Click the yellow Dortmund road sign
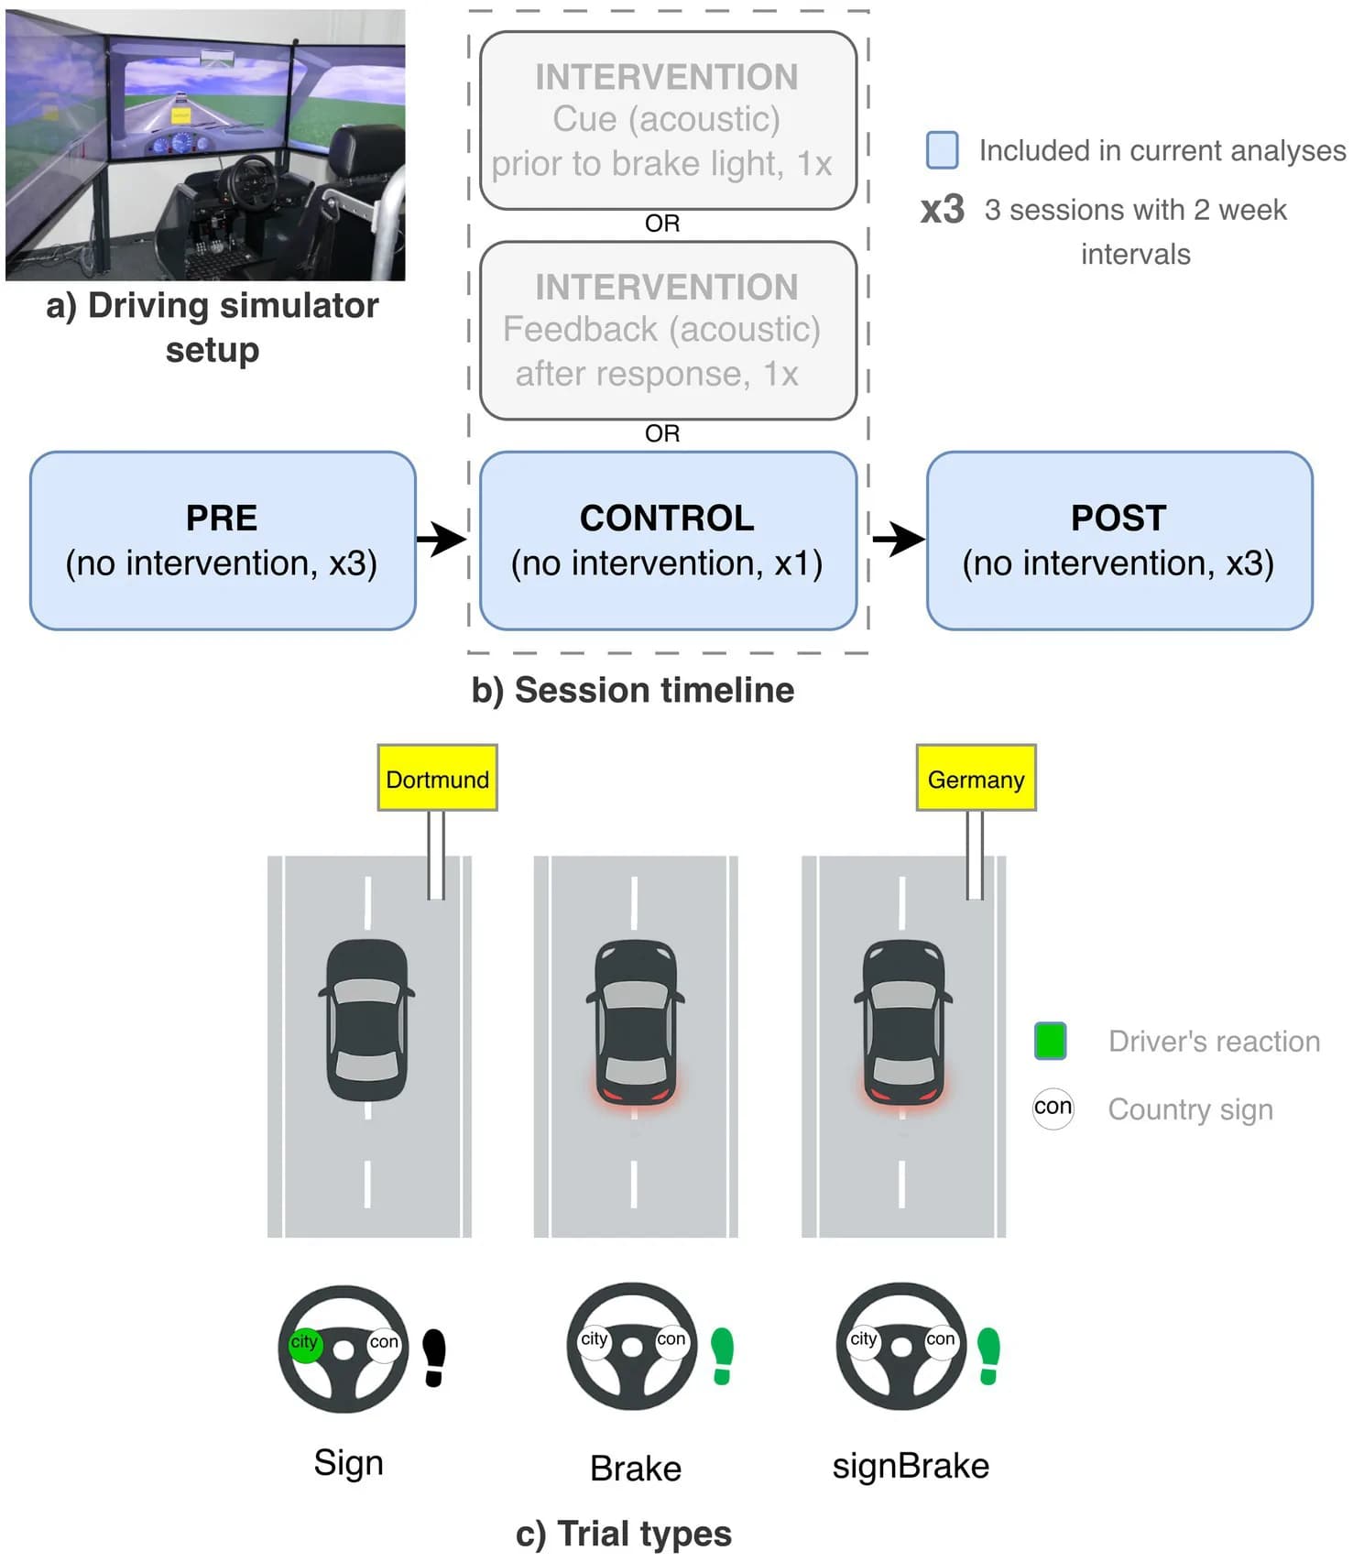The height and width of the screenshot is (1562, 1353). (437, 778)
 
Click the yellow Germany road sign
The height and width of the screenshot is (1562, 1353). (976, 778)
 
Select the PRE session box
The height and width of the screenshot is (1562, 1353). (223, 541)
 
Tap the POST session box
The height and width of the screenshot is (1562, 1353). (1119, 541)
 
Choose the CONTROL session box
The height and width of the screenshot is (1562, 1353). (668, 541)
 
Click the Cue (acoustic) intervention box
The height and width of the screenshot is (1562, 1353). (668, 120)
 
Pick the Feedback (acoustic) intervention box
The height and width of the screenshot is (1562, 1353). (668, 331)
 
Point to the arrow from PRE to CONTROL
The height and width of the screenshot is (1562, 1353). (442, 539)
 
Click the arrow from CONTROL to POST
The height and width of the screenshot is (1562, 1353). (899, 539)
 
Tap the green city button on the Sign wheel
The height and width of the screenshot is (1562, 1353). (304, 1343)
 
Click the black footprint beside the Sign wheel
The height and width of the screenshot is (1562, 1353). (434, 1358)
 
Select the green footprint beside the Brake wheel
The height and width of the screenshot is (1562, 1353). (723, 1356)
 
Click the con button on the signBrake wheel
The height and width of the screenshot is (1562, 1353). (940, 1339)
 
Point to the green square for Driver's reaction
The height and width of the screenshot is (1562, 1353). (1050, 1041)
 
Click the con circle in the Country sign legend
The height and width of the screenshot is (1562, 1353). (1053, 1108)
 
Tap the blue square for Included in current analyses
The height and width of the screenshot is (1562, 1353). (942, 150)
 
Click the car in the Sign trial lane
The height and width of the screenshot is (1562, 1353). (366, 1020)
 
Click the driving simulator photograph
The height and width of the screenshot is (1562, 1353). (205, 145)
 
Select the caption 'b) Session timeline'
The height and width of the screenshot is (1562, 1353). (633, 690)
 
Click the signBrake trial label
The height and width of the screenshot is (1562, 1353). (911, 1466)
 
